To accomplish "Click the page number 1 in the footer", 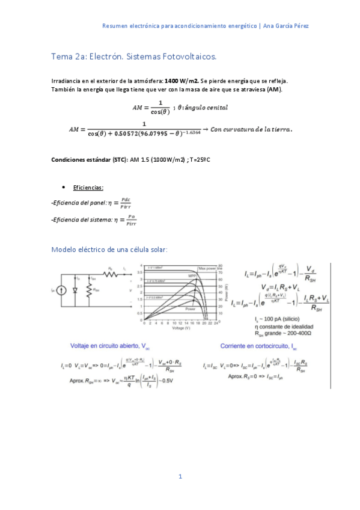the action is point(180,476).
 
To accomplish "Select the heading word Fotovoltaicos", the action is point(186,57).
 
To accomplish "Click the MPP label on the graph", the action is point(192,275).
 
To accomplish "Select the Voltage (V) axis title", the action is point(181,328).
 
